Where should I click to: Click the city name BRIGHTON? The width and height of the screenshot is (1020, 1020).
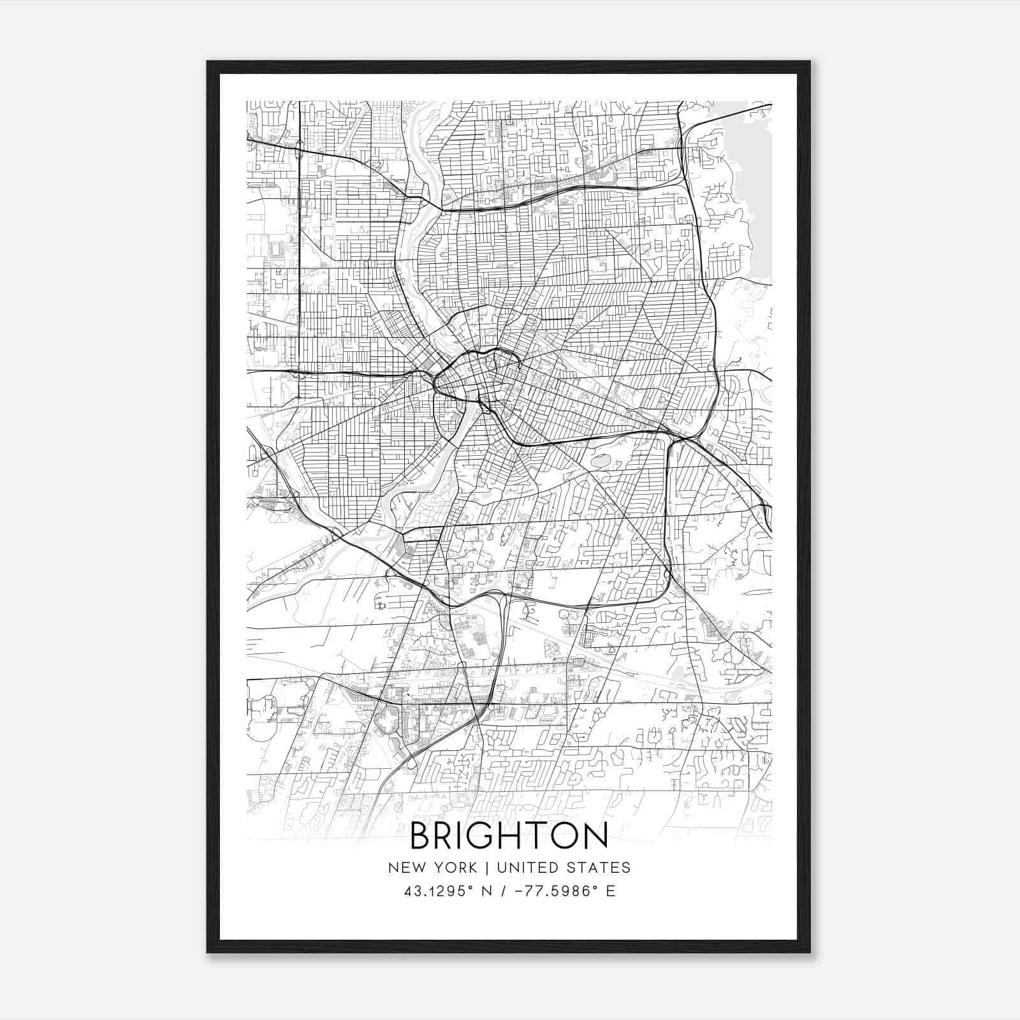click(509, 836)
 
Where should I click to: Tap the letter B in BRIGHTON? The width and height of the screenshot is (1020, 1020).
click(421, 836)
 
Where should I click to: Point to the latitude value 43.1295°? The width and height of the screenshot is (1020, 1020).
click(439, 891)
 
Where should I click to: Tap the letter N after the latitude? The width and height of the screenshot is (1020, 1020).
click(488, 891)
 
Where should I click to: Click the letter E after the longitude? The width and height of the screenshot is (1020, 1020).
click(611, 891)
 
